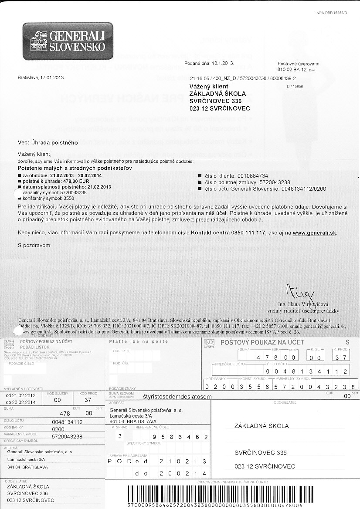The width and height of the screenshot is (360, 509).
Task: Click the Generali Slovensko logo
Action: [68, 41]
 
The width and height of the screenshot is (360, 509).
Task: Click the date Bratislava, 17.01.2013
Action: [41, 78]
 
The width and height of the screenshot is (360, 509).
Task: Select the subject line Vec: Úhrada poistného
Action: [48, 142]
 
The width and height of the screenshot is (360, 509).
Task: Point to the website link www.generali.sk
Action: [315, 233]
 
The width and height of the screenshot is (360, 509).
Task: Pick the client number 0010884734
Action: [251, 175]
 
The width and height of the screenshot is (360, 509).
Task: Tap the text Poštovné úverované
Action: [299, 64]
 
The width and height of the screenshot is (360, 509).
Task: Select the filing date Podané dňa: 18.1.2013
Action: [210, 64]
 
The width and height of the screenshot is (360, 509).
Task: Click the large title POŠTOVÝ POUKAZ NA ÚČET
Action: [262, 343]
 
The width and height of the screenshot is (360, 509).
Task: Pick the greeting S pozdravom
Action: [34, 245]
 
